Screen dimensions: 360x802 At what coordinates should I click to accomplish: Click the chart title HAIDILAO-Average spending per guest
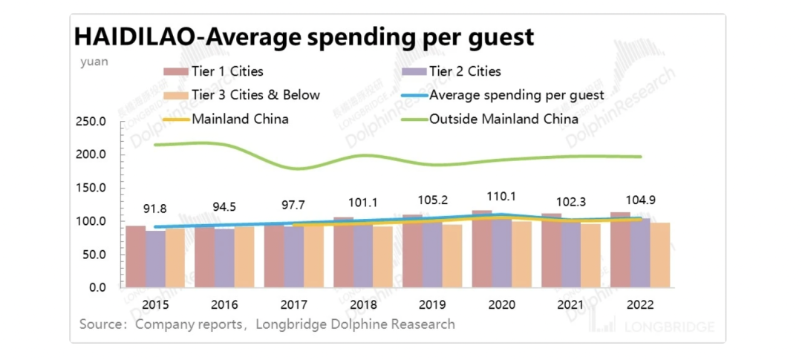click(x=303, y=37)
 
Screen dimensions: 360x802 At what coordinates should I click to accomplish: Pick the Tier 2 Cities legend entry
click(x=465, y=72)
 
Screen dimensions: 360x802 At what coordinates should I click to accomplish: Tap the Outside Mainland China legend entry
click(x=503, y=119)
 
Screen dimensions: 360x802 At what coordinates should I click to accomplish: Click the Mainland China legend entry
click(x=240, y=119)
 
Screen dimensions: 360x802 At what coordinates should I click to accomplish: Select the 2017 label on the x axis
click(x=294, y=305)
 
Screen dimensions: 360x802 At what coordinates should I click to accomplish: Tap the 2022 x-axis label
click(x=641, y=305)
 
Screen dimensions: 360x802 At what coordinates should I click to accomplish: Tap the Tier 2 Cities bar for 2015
click(x=155, y=259)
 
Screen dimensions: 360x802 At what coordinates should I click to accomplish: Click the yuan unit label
click(x=94, y=62)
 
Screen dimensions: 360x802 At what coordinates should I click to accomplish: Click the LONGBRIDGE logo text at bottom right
click(x=669, y=327)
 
